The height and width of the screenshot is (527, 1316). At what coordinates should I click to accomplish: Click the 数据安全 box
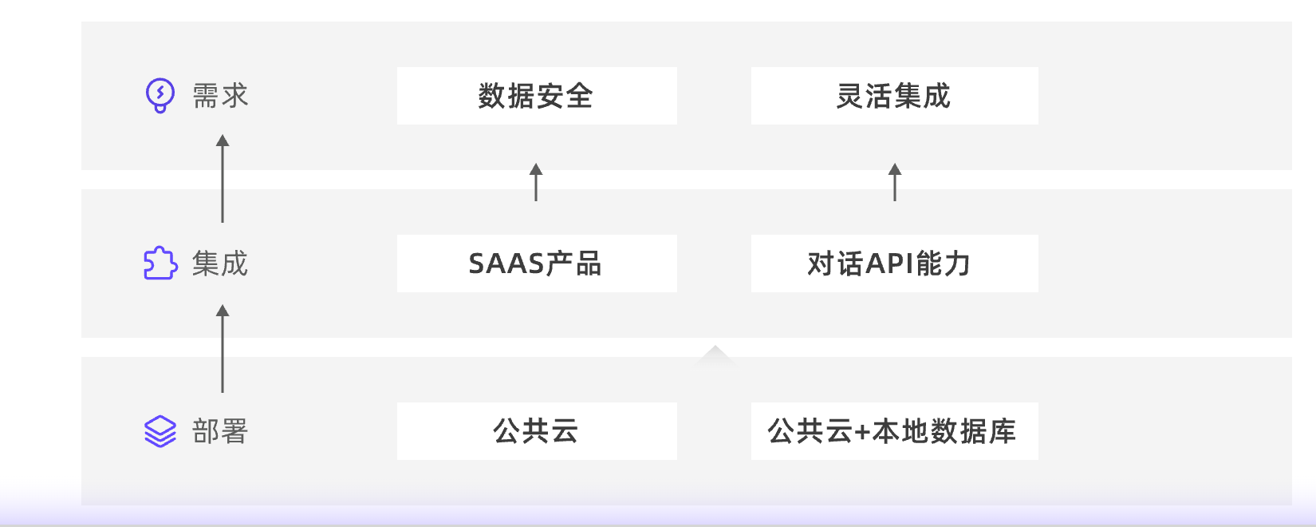[x=537, y=96]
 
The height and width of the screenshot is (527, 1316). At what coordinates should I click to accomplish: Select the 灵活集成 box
[x=894, y=96]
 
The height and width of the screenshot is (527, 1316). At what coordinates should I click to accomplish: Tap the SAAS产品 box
[x=537, y=263]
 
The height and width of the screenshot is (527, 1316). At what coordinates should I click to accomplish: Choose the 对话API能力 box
[x=894, y=263]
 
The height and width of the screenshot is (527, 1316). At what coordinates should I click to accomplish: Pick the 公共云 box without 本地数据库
[x=537, y=431]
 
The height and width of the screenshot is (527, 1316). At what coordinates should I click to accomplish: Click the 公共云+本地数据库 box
[x=894, y=431]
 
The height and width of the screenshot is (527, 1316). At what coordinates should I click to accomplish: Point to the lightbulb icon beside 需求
[x=160, y=96]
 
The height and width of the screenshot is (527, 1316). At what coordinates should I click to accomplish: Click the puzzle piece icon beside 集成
[x=160, y=263]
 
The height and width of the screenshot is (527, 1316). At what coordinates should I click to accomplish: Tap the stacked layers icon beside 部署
[x=160, y=431]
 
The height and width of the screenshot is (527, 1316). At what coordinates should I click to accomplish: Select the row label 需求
[x=221, y=96]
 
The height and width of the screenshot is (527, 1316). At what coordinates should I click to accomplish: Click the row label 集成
[x=221, y=263]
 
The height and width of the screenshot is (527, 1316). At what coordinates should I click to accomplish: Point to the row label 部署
[x=221, y=431]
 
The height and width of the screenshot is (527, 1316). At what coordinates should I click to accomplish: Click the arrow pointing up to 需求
[x=223, y=179]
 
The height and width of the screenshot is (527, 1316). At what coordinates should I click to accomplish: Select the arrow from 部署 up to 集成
[x=223, y=348]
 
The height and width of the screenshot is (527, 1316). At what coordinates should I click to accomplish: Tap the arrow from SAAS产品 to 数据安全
[x=536, y=182]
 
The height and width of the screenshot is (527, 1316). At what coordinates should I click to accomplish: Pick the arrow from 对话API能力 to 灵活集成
[x=895, y=182]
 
